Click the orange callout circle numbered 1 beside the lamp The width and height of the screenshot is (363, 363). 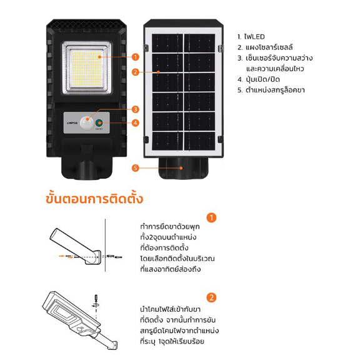click(x=136, y=57)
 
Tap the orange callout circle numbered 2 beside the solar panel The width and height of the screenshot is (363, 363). click(x=136, y=72)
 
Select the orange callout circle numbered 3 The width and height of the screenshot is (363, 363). click(x=136, y=109)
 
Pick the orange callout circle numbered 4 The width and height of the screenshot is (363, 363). click(x=136, y=123)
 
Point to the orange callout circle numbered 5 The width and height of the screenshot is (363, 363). click(x=136, y=168)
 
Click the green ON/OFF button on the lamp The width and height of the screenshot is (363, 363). click(x=99, y=122)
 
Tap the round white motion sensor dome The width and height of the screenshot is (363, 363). click(x=87, y=123)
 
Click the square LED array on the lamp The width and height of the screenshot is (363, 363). click(x=86, y=68)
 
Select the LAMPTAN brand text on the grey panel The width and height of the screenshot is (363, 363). click(x=72, y=123)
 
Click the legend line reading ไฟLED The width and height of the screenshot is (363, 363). click(x=251, y=37)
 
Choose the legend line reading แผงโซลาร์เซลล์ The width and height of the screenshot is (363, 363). click(x=265, y=47)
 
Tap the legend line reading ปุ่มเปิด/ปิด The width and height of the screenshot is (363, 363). click(x=259, y=79)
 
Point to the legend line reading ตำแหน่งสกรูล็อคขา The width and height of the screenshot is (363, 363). click(x=271, y=90)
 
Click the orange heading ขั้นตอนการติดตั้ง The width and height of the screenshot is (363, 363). click(x=94, y=199)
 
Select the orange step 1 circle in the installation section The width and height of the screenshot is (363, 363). click(x=211, y=217)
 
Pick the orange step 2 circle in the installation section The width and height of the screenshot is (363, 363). click(x=211, y=297)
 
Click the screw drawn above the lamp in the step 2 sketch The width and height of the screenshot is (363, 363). click(x=96, y=300)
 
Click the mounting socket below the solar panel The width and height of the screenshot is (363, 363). click(x=183, y=168)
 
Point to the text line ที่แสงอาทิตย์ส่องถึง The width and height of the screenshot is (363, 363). click(x=171, y=269)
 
